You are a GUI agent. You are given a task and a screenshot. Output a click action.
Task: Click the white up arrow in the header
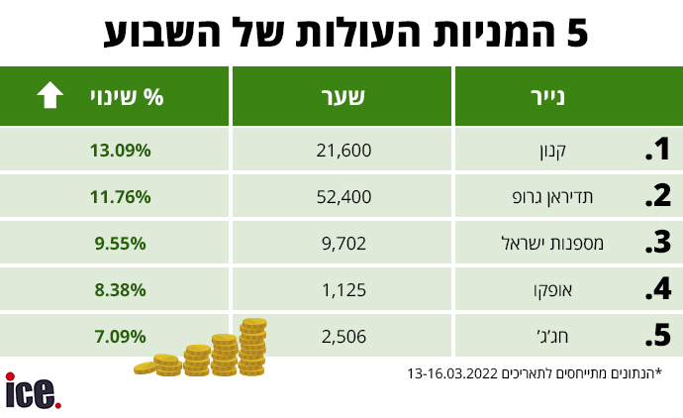[x=49, y=96]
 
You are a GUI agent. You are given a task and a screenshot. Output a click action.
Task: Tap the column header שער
[x=343, y=97]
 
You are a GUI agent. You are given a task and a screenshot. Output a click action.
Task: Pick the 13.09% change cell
[x=120, y=151]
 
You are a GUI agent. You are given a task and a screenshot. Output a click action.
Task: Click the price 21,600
[x=343, y=151]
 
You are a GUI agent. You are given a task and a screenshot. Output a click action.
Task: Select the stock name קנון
[x=588, y=151]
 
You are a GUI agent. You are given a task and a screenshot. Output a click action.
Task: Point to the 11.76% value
[x=120, y=197]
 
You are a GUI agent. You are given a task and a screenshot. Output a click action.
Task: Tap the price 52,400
[x=343, y=197]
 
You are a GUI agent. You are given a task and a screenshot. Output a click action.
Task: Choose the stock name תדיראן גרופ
[x=567, y=197]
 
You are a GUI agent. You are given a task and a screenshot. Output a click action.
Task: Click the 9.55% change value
[x=120, y=243]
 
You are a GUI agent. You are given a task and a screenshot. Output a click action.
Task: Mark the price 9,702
[x=343, y=243]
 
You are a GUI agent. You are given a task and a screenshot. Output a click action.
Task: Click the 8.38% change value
[x=120, y=289]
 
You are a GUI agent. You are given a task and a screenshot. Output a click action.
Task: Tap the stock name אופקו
[x=585, y=289]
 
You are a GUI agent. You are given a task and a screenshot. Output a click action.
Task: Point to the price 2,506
[x=343, y=336]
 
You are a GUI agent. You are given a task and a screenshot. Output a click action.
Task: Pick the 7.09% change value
[x=120, y=336]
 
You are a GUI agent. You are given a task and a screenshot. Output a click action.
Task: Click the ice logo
[x=33, y=390]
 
